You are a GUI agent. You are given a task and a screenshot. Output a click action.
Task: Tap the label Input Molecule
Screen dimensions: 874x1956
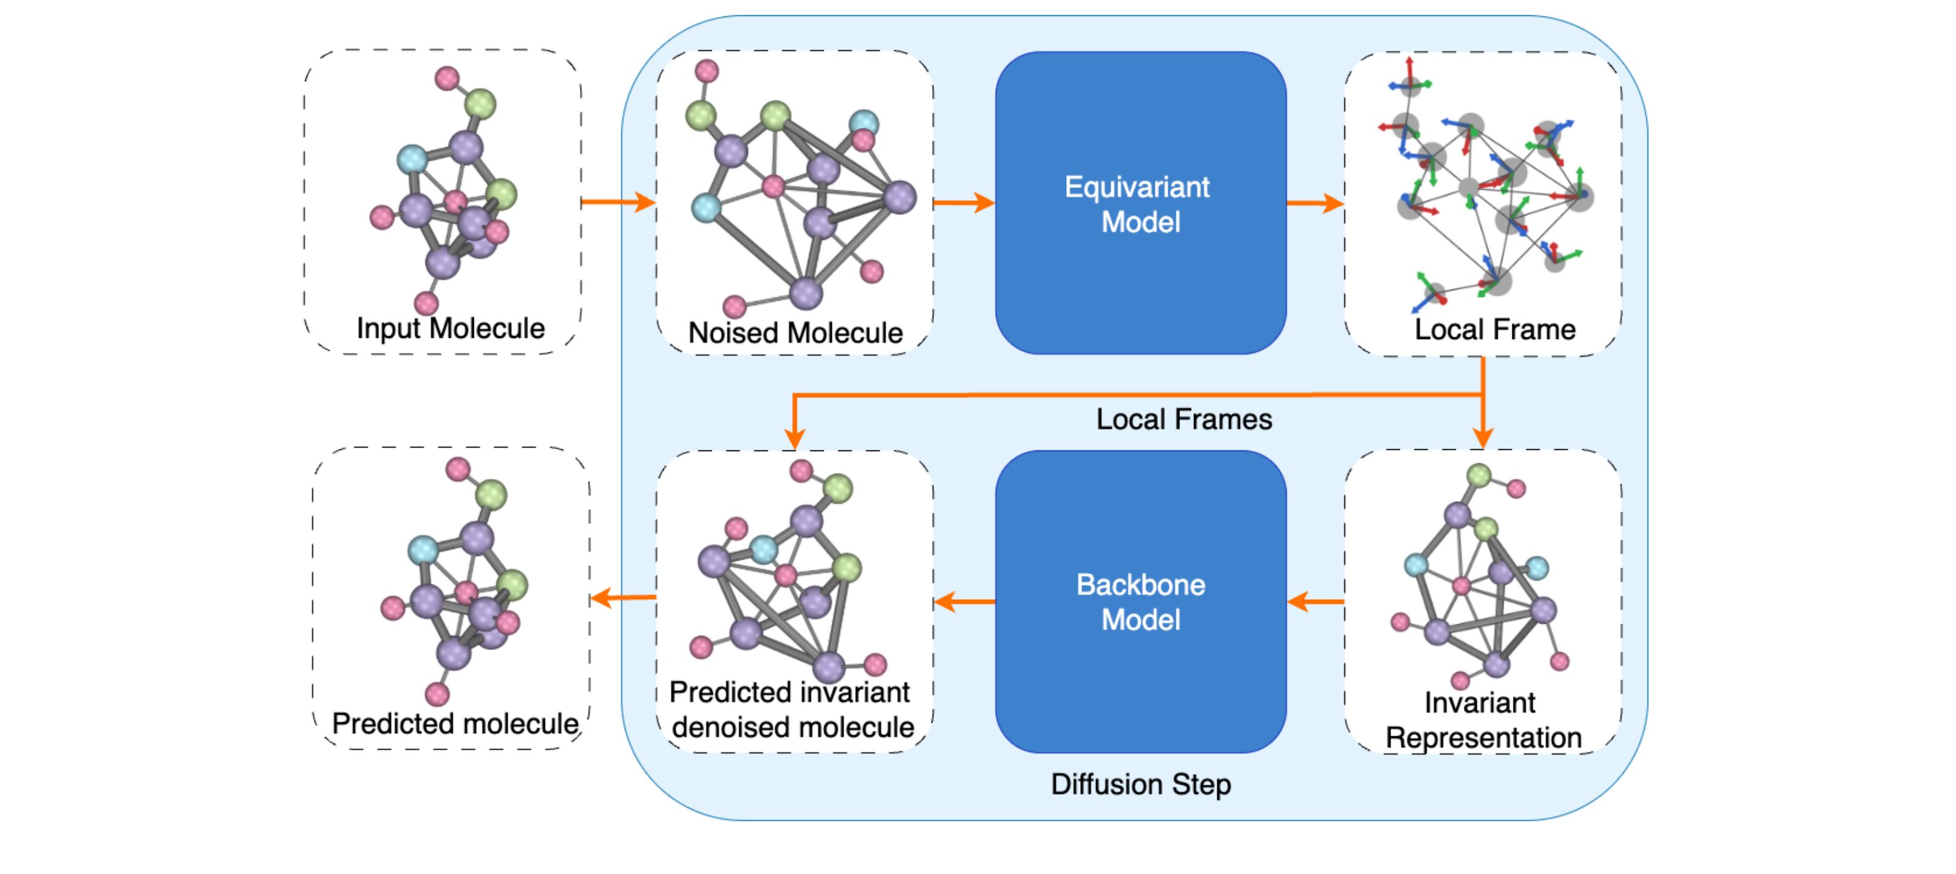pyautogui.click(x=450, y=328)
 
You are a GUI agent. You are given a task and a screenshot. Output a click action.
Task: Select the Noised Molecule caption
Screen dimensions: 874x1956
pyautogui.click(x=795, y=332)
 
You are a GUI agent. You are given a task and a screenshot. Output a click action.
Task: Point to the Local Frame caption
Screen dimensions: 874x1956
pyautogui.click(x=1495, y=329)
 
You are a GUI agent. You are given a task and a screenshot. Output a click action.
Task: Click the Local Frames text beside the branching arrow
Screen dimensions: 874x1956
pyautogui.click(x=1183, y=419)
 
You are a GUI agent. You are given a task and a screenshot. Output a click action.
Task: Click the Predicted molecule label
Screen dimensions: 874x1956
pyautogui.click(x=455, y=723)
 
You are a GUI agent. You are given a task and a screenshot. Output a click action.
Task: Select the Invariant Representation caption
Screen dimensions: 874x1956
pyautogui.click(x=1482, y=720)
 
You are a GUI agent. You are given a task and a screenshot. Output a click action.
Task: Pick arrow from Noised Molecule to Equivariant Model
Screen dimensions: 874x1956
pyautogui.click(x=963, y=202)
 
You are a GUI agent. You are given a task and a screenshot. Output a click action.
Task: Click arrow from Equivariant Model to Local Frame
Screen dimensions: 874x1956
pyautogui.click(x=1315, y=203)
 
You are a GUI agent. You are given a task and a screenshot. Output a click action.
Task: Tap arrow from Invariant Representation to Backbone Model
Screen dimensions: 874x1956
pyautogui.click(x=1315, y=602)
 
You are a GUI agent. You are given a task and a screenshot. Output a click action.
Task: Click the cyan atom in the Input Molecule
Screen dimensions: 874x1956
pyautogui.click(x=412, y=160)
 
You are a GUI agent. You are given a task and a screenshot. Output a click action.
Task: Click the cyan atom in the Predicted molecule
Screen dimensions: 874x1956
pyautogui.click(x=422, y=549)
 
